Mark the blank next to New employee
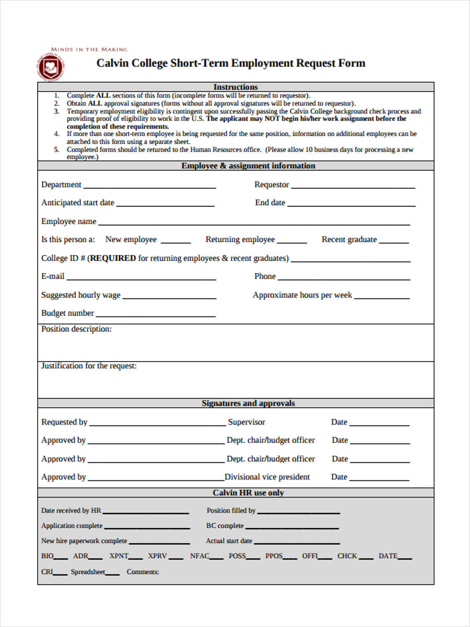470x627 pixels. click(x=175, y=242)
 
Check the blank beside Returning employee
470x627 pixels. click(x=291, y=242)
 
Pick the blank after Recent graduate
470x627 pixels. click(x=394, y=242)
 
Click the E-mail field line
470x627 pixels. click(x=141, y=279)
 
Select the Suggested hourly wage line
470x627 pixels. click(x=169, y=298)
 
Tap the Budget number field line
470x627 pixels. click(x=156, y=316)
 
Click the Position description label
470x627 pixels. click(x=76, y=329)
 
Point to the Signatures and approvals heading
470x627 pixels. click(x=248, y=403)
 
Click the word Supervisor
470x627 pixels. click(x=246, y=422)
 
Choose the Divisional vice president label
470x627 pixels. click(x=267, y=477)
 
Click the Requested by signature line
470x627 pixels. click(x=157, y=425)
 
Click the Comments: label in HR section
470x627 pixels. click(x=143, y=572)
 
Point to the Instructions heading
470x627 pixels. click(x=236, y=87)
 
